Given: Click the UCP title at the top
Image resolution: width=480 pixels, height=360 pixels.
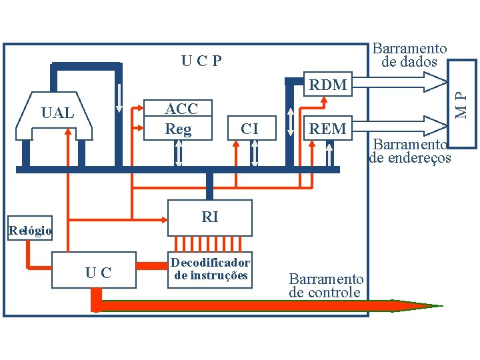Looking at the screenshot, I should [201, 61].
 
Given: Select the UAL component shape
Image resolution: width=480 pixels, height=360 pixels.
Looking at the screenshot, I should [57, 115].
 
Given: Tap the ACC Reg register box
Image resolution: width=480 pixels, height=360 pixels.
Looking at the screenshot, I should [181, 119].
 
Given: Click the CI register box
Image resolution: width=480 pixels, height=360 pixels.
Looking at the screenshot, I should [249, 128].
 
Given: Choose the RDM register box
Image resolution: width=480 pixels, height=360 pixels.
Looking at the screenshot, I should [327, 85].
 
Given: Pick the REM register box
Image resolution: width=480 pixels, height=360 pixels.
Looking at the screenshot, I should [327, 128].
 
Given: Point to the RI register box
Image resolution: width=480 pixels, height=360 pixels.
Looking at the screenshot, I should [209, 217].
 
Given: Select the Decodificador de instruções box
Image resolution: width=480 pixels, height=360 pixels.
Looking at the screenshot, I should [210, 269].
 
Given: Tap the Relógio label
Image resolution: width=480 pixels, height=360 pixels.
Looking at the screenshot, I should [30, 231].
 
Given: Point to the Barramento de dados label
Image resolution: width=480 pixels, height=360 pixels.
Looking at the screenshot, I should [409, 55].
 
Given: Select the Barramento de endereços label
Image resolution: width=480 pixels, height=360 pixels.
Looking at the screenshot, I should [409, 151].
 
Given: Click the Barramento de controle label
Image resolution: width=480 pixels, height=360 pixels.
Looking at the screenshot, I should [326, 285].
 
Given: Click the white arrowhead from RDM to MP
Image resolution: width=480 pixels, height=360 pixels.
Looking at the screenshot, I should [436, 81].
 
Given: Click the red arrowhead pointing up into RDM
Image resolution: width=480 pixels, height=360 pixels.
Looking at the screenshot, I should [324, 100].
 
